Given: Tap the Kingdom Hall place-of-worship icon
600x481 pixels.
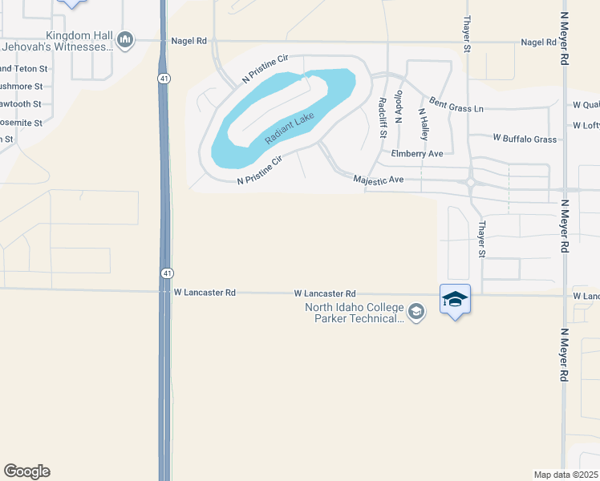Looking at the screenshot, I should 124,40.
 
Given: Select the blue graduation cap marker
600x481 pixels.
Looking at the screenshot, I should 455,300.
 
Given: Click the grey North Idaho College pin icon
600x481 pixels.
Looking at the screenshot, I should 416,311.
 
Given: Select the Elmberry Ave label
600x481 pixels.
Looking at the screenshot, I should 416,153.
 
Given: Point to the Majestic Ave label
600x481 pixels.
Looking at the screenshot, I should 378,180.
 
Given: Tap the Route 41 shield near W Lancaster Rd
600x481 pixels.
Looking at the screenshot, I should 164,273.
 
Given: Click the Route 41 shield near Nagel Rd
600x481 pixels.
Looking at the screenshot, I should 163,79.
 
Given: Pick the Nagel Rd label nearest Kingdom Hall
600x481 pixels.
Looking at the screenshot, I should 189,41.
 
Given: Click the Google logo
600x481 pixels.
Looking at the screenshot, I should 26,471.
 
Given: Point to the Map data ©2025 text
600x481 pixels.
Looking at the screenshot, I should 566,474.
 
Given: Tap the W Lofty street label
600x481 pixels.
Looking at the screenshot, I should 586,125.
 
